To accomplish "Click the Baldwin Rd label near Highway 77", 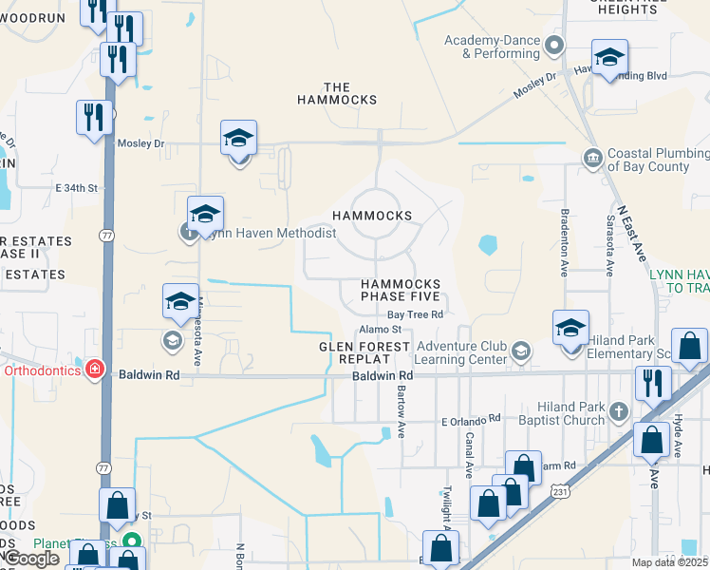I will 149,375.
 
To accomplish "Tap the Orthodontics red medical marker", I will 94,370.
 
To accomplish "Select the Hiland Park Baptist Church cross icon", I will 619,411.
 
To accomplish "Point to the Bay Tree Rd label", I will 415,314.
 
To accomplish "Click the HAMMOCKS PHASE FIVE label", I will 400,290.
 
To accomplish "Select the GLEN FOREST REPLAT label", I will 364,353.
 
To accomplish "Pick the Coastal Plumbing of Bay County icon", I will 593,157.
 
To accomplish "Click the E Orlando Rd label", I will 470,419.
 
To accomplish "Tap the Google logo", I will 32,559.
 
